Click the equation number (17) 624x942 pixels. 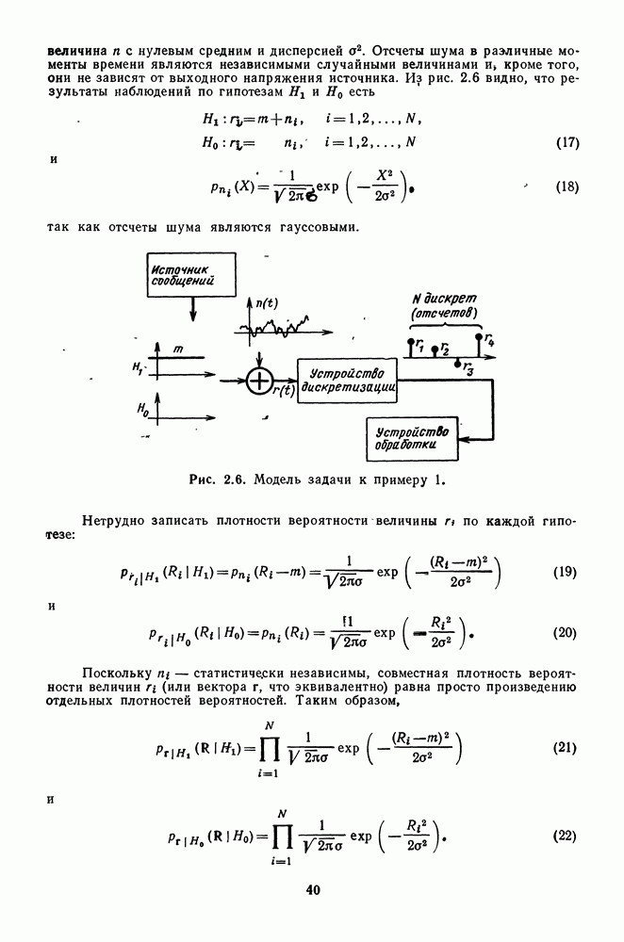pos(564,143)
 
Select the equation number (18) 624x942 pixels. pos(564,187)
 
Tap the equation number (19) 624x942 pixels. pos(564,573)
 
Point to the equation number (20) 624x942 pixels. pos(564,632)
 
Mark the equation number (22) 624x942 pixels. pos(564,837)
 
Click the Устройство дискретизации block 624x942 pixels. pos(347,382)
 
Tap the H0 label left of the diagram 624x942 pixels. pos(141,410)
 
